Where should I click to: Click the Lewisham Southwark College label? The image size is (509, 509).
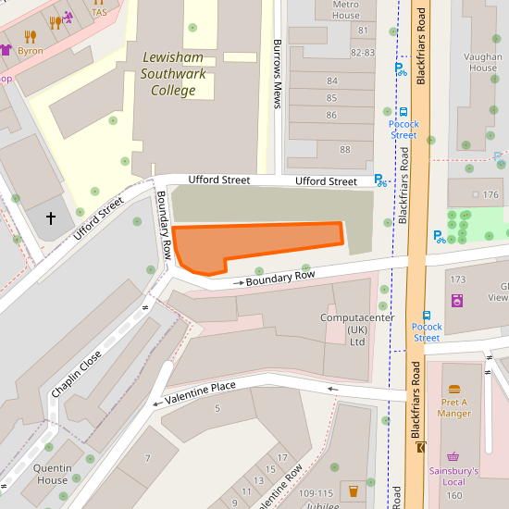click(174, 74)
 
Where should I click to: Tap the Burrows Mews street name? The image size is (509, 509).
click(277, 74)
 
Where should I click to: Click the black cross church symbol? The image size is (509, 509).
click(51, 218)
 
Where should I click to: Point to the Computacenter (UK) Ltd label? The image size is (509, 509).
click(356, 329)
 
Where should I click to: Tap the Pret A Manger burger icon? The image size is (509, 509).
click(453, 390)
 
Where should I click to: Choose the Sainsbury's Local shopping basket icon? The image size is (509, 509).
click(453, 457)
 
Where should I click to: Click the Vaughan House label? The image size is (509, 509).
click(483, 61)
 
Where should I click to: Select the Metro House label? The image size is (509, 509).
click(345, 9)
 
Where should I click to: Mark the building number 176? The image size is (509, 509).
click(490, 194)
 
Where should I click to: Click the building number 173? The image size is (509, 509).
click(457, 279)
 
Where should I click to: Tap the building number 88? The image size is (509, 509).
click(345, 149)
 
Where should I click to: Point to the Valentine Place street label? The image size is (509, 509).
click(200, 392)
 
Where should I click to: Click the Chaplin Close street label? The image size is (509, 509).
click(77, 367)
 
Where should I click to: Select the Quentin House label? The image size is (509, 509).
click(52, 474)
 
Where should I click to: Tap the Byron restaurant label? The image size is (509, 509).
click(30, 51)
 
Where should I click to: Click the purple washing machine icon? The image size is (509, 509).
click(456, 300)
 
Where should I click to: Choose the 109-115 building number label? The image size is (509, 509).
click(317, 494)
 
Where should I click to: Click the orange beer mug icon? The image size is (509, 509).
click(352, 489)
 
